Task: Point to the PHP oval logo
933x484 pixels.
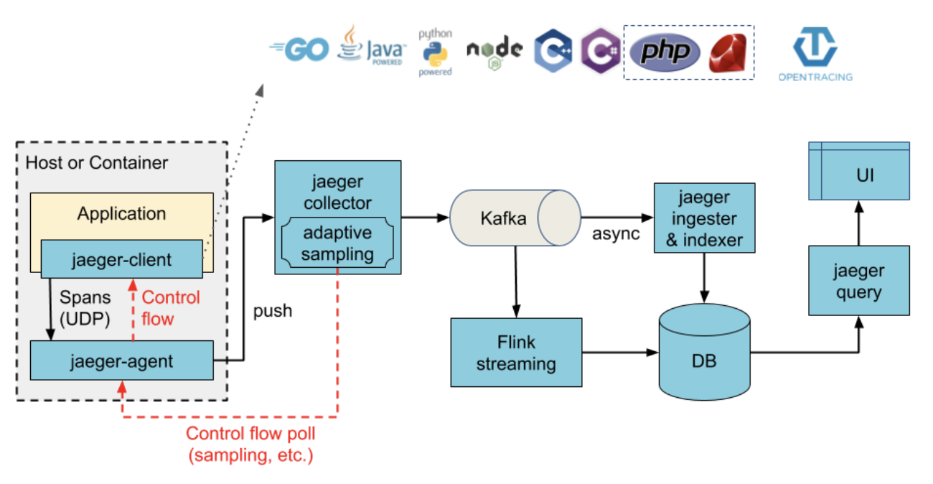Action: point(665,52)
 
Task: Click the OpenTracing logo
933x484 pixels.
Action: point(815,54)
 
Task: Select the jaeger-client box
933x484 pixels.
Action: point(121,259)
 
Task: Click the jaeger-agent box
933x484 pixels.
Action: point(121,360)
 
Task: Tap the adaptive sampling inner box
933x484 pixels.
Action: point(337,243)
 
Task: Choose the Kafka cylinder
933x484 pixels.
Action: point(515,218)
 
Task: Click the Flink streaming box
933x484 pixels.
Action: point(516,353)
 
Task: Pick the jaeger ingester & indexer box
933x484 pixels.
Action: point(704,218)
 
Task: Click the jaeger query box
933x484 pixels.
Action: point(858,281)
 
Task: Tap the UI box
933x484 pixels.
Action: point(858,174)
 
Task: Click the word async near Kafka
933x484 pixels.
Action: point(616,234)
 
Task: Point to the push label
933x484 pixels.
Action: point(273,311)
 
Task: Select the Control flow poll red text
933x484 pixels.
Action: point(250,434)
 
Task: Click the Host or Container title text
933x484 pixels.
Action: point(97,163)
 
